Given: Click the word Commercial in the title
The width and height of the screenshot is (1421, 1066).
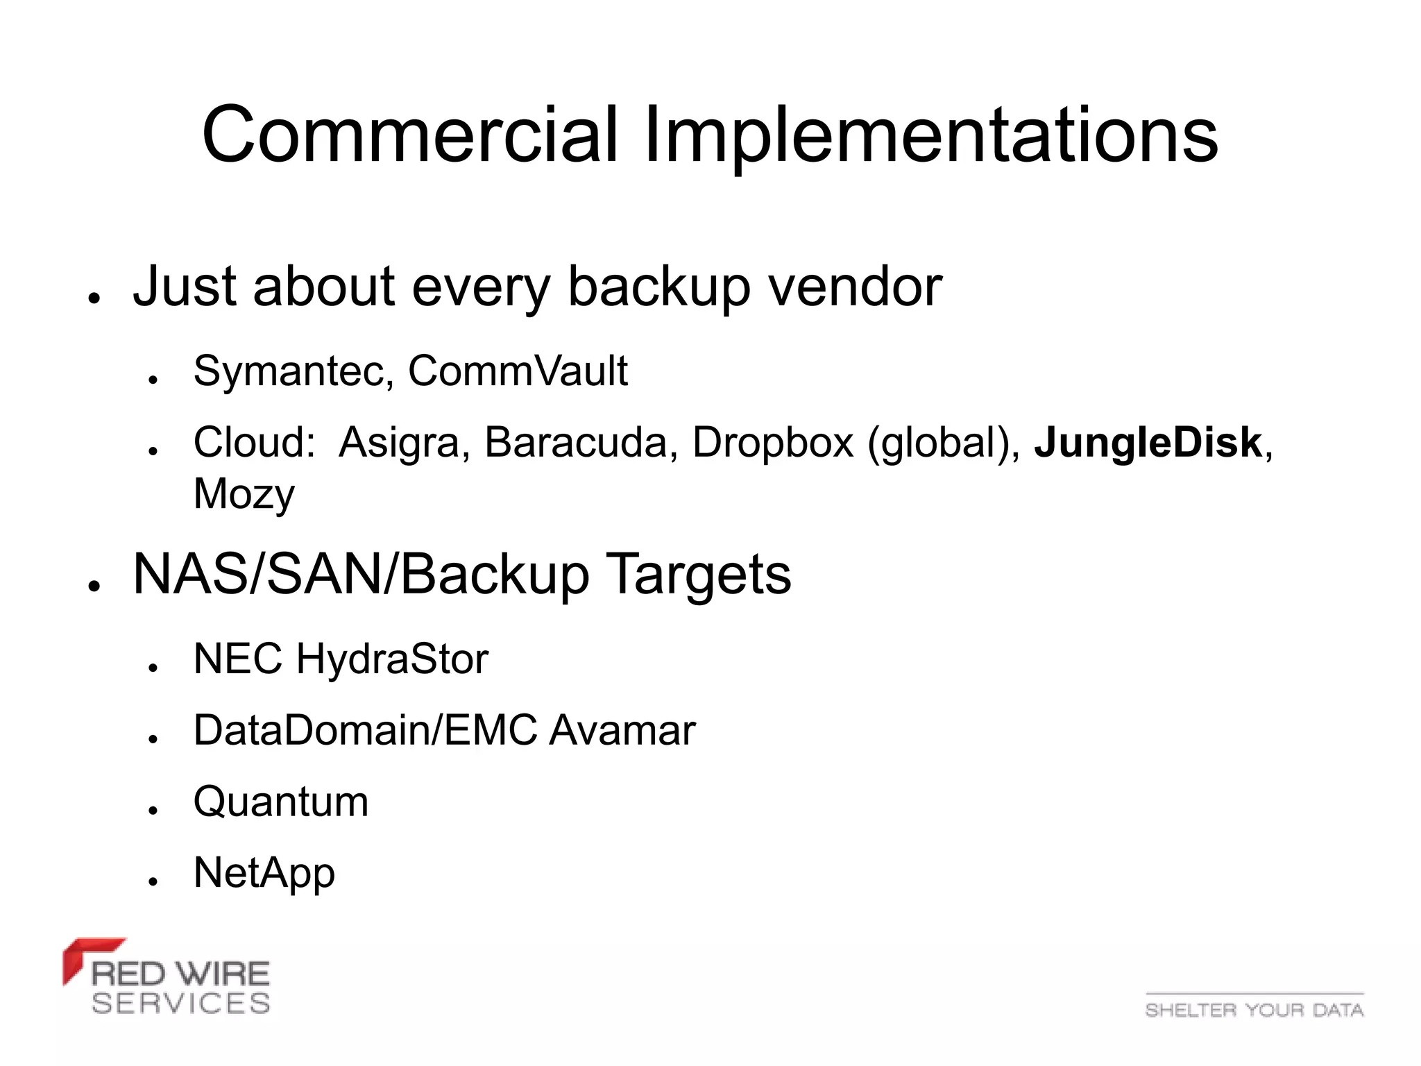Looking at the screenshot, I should [x=409, y=135].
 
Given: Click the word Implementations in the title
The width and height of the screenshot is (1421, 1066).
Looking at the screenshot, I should [x=930, y=135].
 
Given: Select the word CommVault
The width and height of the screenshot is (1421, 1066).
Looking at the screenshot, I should [x=518, y=371].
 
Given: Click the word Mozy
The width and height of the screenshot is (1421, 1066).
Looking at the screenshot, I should [x=244, y=494].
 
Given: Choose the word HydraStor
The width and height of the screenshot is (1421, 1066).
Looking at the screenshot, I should [x=393, y=659].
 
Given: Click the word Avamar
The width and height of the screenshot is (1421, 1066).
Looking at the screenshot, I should [x=622, y=730].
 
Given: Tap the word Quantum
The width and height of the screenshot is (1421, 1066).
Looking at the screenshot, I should [x=281, y=802].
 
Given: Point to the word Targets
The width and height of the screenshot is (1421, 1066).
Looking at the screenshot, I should [x=698, y=575].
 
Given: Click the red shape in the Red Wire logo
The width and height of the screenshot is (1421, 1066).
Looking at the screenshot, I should [x=83, y=954].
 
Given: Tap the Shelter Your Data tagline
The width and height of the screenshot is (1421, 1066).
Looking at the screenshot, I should [x=1254, y=1010].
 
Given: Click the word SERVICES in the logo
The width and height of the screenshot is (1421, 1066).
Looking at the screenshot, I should [x=180, y=1004].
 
